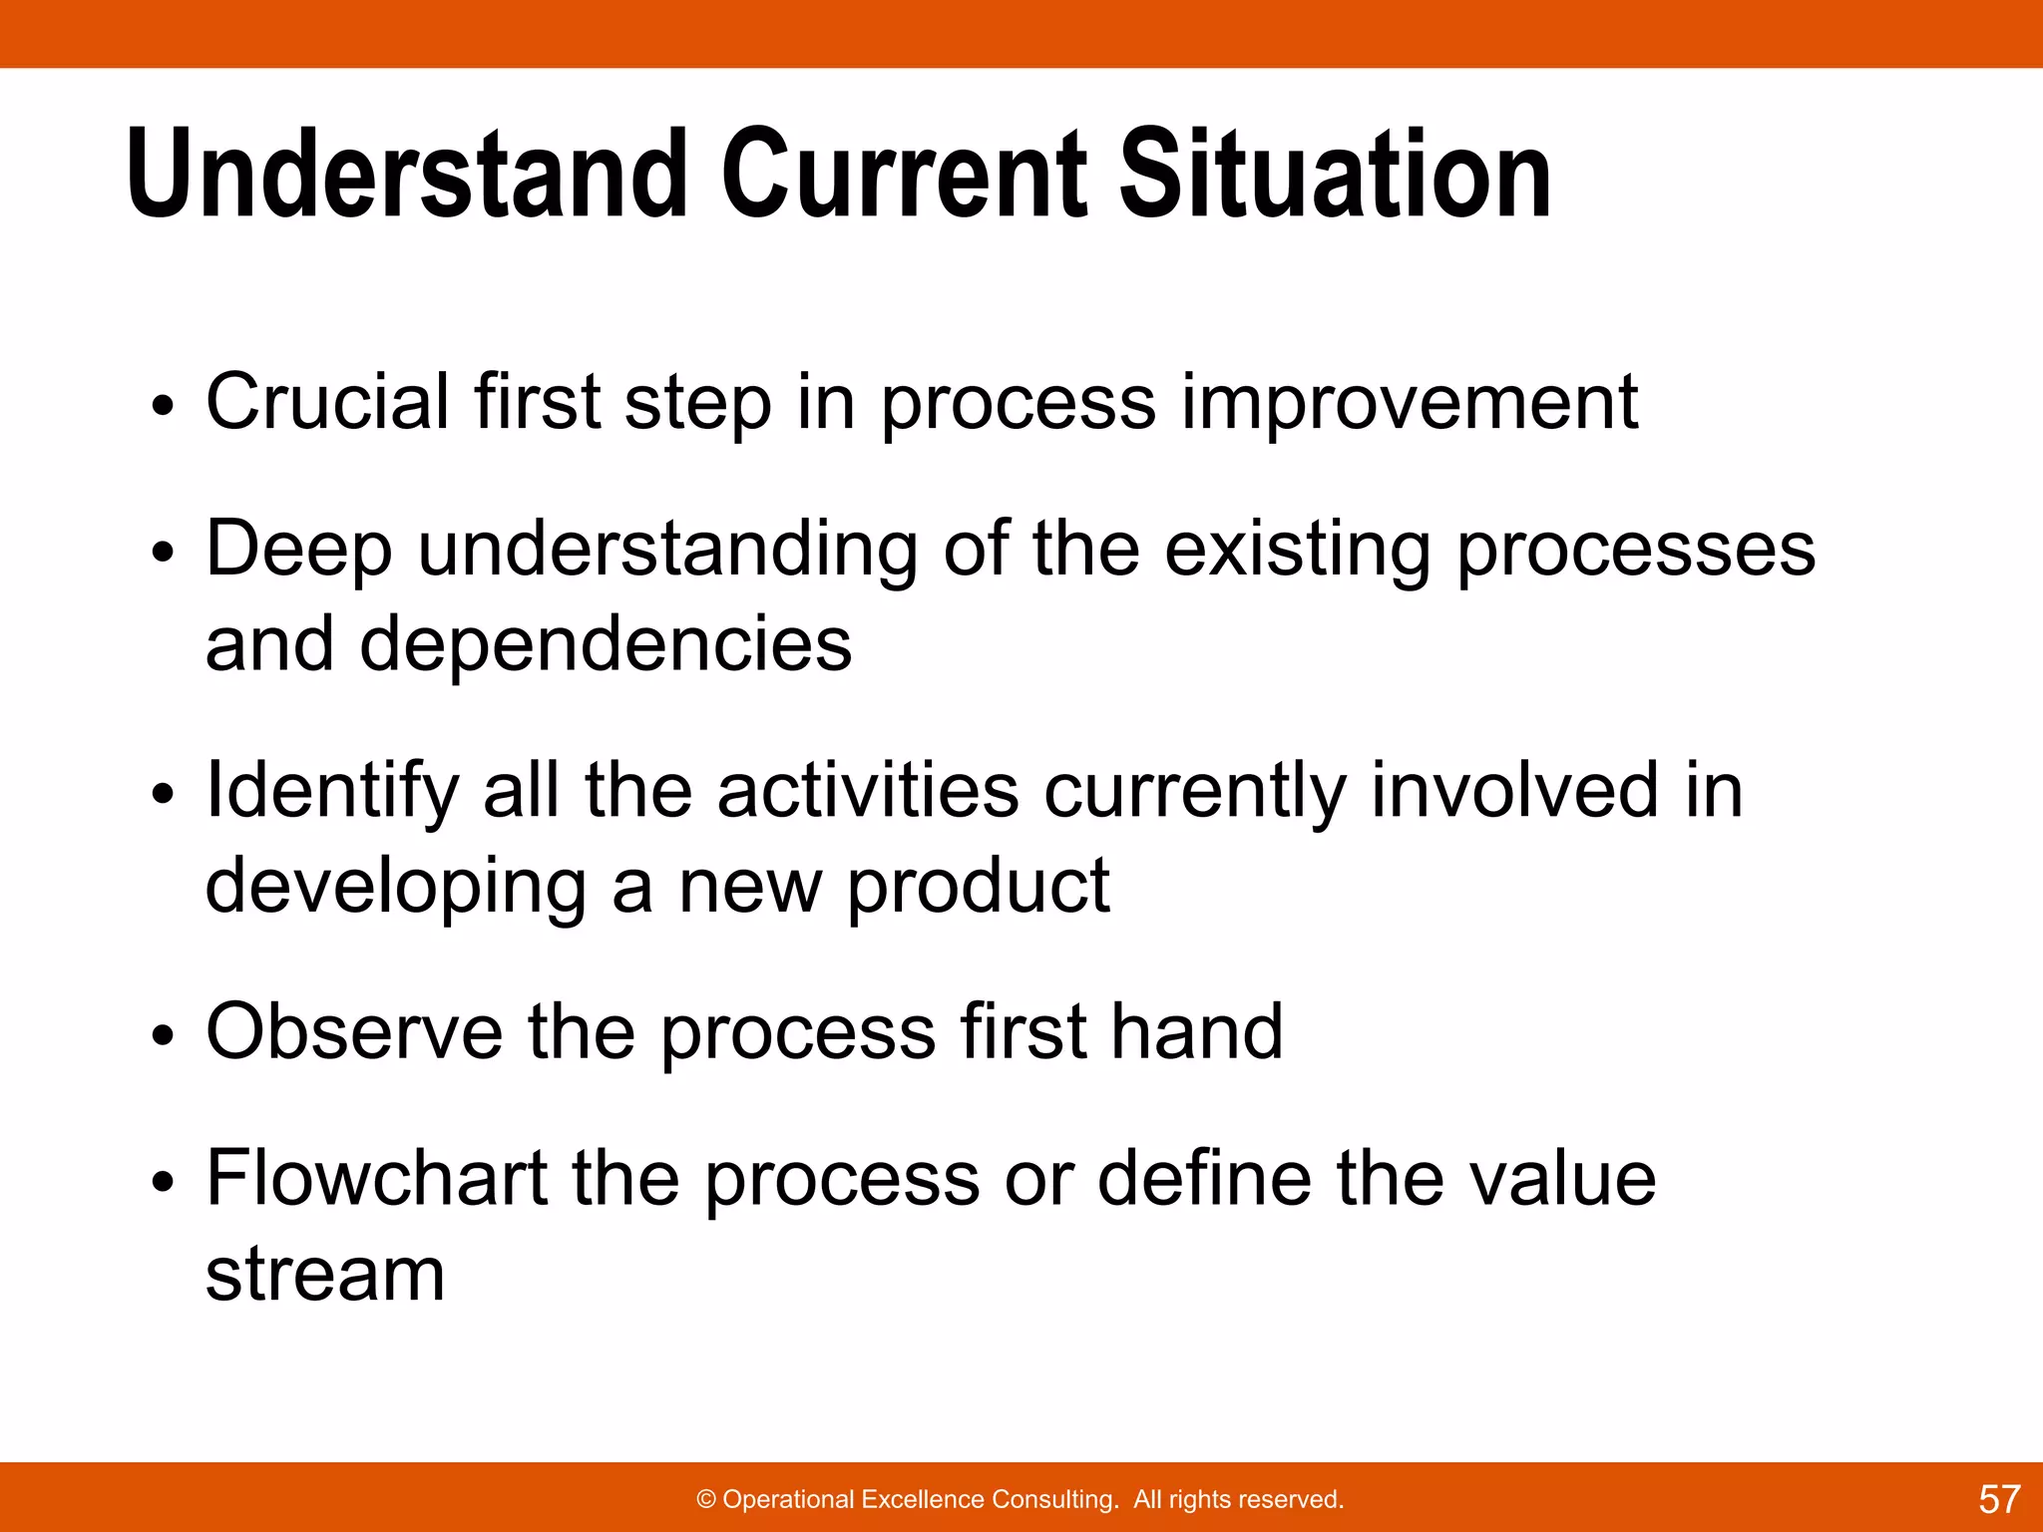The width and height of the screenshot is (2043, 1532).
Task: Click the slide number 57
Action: [x=1999, y=1499]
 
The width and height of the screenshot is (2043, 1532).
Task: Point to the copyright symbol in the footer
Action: [x=706, y=1499]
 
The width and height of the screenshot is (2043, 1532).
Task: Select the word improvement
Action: [x=1409, y=402]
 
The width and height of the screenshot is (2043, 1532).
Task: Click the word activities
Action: [x=868, y=791]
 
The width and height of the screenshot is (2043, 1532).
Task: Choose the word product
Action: [x=978, y=886]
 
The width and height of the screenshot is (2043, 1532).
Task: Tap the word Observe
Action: [x=354, y=1031]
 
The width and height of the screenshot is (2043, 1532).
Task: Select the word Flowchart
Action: [x=377, y=1178]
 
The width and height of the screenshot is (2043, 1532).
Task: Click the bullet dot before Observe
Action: [x=164, y=1037]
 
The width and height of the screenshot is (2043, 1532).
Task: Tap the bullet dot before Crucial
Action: [x=164, y=407]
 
